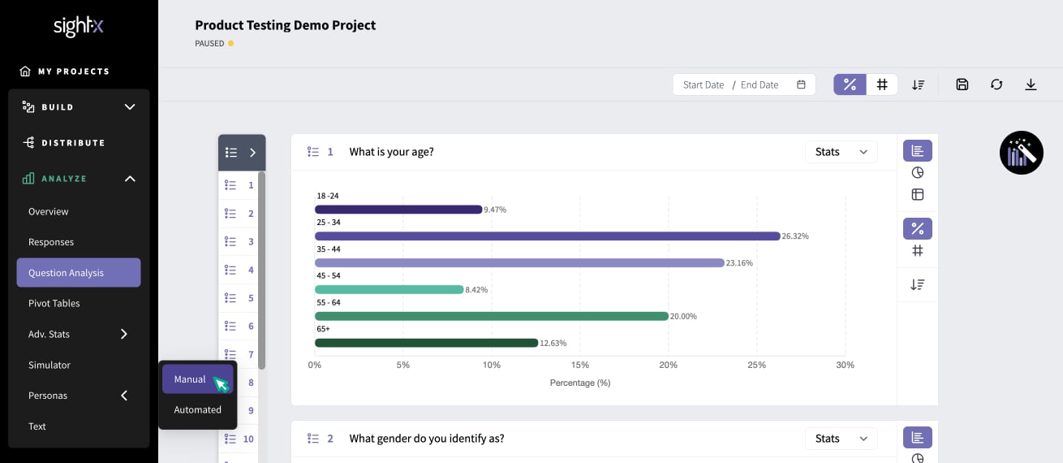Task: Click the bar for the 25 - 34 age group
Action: pyautogui.click(x=547, y=236)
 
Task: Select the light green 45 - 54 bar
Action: pyautogui.click(x=389, y=289)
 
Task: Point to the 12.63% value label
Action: pyautogui.click(x=553, y=343)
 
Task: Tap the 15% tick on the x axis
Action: pyautogui.click(x=580, y=365)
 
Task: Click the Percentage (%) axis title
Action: pyautogui.click(x=580, y=383)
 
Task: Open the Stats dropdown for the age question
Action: pyautogui.click(x=841, y=152)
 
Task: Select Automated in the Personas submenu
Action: pyautogui.click(x=197, y=409)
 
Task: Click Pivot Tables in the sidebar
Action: pyautogui.click(x=54, y=303)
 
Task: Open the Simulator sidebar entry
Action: pyautogui.click(x=49, y=365)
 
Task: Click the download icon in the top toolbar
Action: pyautogui.click(x=1031, y=84)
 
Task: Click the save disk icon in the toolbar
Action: pyautogui.click(x=962, y=84)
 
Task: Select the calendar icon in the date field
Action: pyautogui.click(x=801, y=84)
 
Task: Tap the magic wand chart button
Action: pyautogui.click(x=1022, y=153)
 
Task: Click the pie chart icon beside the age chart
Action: pyautogui.click(x=917, y=172)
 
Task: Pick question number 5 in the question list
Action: pyautogui.click(x=239, y=298)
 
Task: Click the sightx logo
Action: pyautogui.click(x=78, y=26)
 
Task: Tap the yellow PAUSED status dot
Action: pyautogui.click(x=230, y=43)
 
